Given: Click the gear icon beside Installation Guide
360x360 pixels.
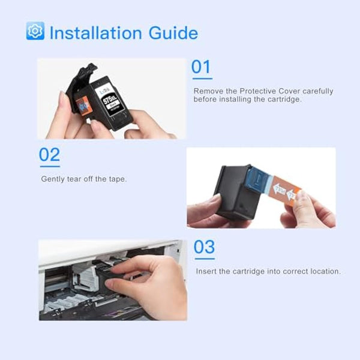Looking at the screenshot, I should pyautogui.click(x=35, y=31).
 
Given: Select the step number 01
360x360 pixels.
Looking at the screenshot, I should pyautogui.click(x=201, y=67).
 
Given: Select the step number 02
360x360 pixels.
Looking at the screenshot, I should pyautogui.click(x=50, y=156).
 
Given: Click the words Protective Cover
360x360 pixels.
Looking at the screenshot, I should pyautogui.click(x=268, y=91).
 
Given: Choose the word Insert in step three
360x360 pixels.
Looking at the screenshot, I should pyautogui.click(x=207, y=271).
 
